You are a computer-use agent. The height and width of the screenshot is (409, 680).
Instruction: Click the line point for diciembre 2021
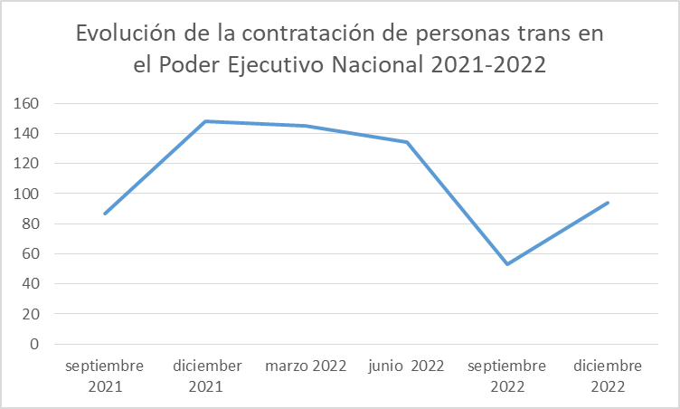coord(206,121)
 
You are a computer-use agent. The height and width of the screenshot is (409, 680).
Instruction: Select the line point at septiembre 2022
coord(507,264)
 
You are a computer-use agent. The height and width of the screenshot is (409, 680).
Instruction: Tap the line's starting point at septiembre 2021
coord(106,214)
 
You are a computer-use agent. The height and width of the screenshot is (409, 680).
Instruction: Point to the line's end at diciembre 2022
coord(608,203)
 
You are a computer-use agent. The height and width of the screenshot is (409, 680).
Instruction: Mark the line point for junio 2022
coord(407,142)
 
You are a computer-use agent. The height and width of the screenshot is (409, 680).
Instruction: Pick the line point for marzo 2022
coord(307,126)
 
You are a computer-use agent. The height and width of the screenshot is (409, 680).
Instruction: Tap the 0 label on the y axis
coord(33,344)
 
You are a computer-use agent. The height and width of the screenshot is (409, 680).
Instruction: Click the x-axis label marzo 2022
coord(307,366)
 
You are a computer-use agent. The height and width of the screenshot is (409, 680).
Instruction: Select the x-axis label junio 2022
coord(407,366)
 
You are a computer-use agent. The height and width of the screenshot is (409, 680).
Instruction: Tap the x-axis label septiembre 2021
coord(106,376)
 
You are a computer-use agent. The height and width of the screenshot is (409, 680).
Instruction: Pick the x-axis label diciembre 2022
coord(608,376)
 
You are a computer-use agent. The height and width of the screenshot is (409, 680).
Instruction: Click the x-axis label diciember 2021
coord(206,376)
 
